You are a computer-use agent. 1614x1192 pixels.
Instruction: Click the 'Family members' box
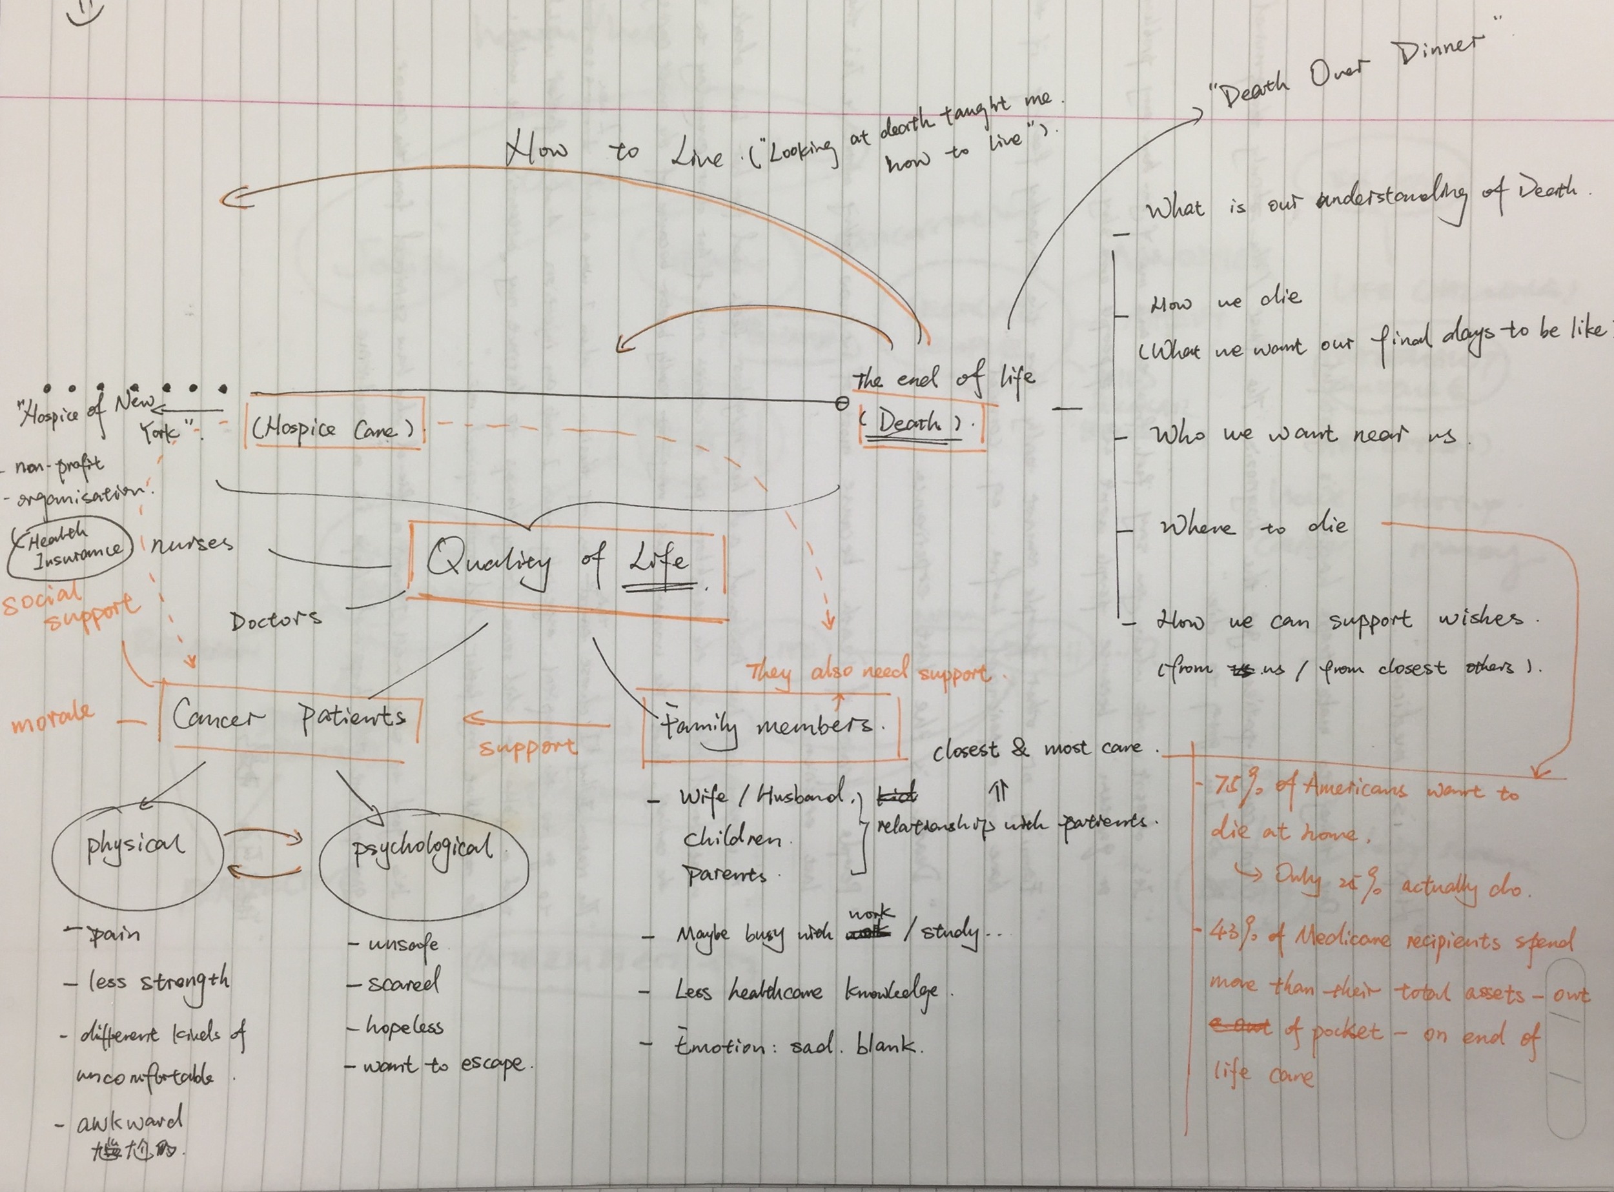tap(769, 726)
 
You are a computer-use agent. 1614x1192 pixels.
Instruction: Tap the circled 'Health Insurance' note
tap(70, 547)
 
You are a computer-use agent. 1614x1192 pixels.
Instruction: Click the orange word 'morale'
tap(53, 716)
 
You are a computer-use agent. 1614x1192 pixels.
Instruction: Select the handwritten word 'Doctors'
tap(276, 620)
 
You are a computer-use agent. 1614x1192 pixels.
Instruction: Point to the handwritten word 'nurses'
tap(190, 543)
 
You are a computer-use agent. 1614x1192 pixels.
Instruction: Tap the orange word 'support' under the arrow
tap(527, 747)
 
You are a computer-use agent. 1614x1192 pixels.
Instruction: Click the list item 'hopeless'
tap(404, 1026)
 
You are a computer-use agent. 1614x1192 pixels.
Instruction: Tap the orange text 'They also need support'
tap(867, 672)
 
